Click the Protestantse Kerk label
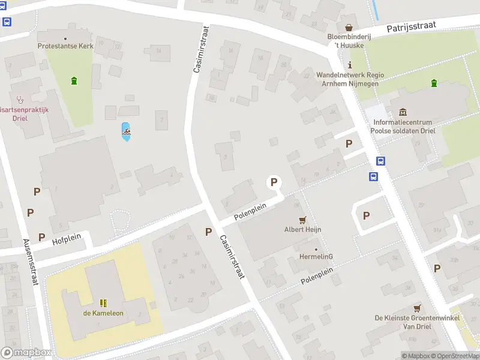(x=65, y=46)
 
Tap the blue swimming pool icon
(x=126, y=130)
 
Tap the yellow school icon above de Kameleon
(x=103, y=302)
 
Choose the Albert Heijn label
(x=303, y=229)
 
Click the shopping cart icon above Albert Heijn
(x=302, y=220)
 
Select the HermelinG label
(x=316, y=257)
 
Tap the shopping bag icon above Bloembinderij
(x=349, y=27)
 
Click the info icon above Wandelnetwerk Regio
(x=350, y=65)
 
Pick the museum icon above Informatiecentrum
(x=402, y=112)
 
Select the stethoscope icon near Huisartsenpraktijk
(x=19, y=100)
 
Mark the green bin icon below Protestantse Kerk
(x=74, y=80)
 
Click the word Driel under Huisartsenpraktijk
(x=20, y=118)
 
